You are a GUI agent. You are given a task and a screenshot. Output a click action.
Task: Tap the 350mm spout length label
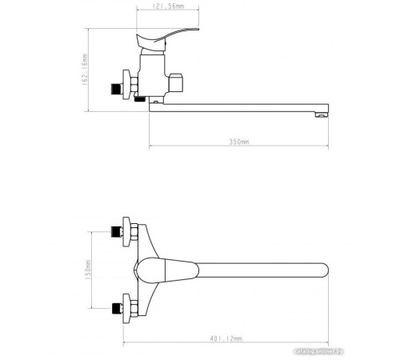click(239, 142)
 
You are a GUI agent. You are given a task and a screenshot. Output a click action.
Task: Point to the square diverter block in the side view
click(178, 82)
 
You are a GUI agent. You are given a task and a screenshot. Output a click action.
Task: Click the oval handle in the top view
click(172, 270)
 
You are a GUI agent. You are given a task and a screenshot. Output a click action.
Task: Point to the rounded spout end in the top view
click(322, 270)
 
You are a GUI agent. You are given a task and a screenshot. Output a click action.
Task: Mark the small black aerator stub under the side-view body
click(141, 99)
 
